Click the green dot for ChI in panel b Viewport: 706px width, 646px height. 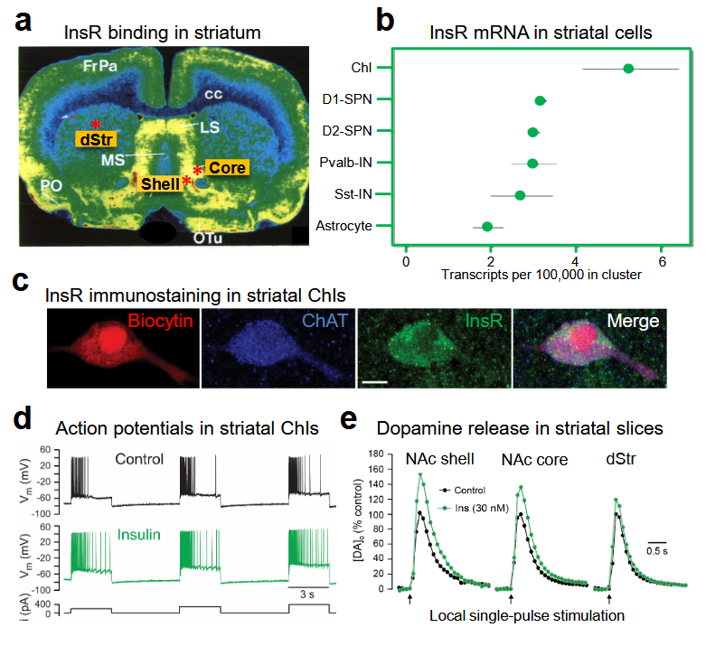click(628, 69)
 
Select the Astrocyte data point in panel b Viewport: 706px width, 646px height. click(487, 226)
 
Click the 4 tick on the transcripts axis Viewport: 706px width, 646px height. click(576, 261)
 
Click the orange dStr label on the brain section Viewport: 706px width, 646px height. click(97, 140)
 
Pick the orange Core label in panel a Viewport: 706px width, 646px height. click(225, 167)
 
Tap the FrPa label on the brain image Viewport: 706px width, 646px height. click(100, 67)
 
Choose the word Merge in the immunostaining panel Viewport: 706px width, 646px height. click(633, 321)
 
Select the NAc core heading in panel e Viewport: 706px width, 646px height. click(534, 459)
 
